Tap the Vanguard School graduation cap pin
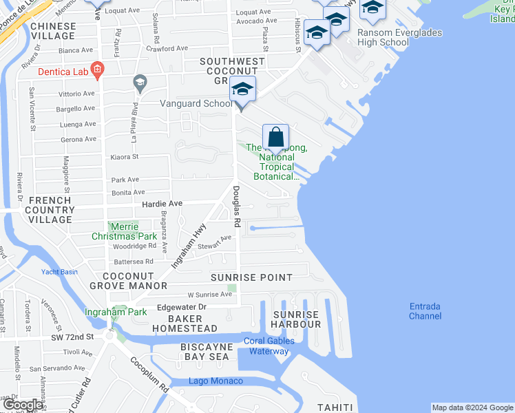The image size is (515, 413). (x=242, y=89)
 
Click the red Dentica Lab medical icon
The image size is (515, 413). (x=97, y=69)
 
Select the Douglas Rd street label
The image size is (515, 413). (x=236, y=207)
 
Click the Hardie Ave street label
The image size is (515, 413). (x=162, y=204)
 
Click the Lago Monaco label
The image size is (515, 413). (x=217, y=381)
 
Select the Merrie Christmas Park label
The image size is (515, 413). (x=114, y=231)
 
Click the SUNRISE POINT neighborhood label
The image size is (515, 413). (x=251, y=277)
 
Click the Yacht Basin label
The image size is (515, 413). (x=59, y=271)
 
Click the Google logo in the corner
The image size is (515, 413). (x=23, y=405)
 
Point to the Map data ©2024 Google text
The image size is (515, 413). (x=472, y=407)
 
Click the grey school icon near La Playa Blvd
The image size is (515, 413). (x=140, y=83)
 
